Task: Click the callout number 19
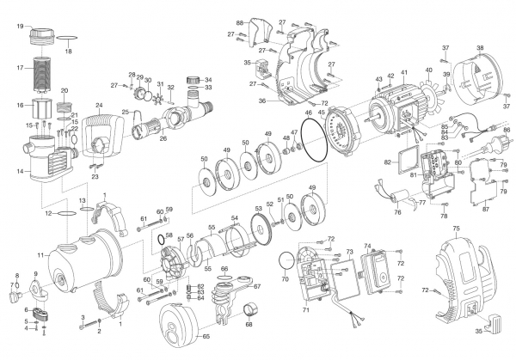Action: point(19,27)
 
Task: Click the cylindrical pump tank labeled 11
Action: point(82,262)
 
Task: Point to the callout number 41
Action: point(403,75)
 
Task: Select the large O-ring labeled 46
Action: point(310,140)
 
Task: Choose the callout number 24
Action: point(99,105)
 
